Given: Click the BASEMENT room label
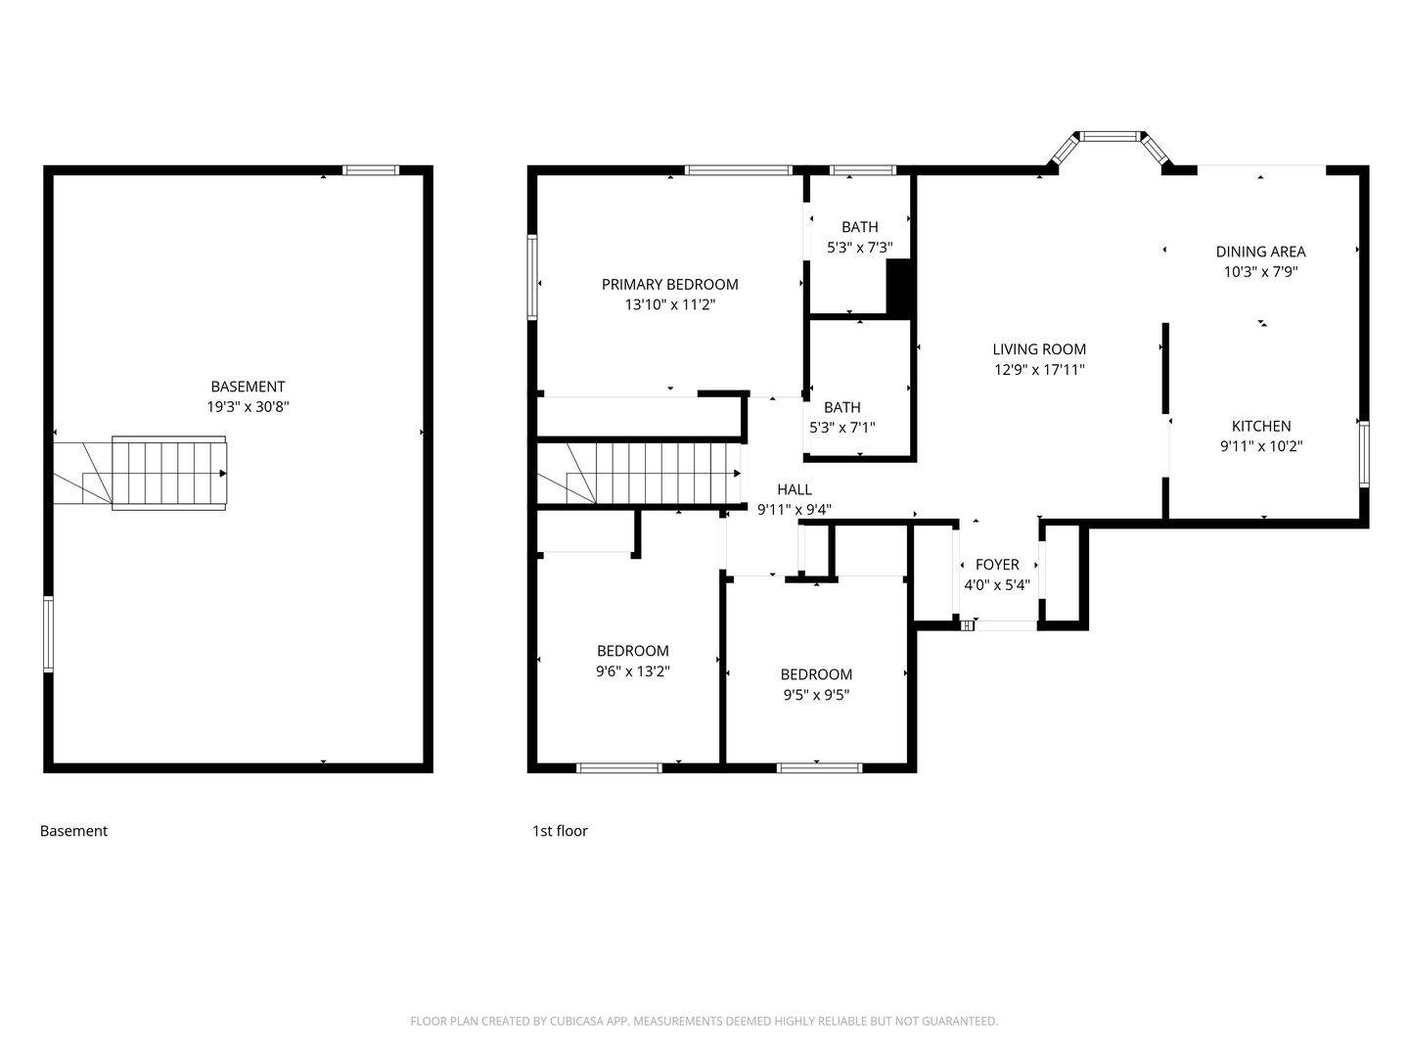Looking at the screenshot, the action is click(x=248, y=387).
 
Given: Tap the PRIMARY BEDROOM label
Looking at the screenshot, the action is click(x=669, y=284).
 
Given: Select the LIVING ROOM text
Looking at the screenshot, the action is click(x=1039, y=349).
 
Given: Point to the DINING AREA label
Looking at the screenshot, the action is click(x=1260, y=252).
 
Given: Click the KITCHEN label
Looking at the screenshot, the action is click(x=1260, y=426).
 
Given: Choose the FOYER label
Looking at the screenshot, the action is click(x=997, y=564).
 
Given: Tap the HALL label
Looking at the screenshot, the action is click(x=795, y=489).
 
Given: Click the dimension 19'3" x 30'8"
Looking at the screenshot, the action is click(x=248, y=407).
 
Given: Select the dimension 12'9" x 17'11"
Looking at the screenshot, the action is click(x=1039, y=370).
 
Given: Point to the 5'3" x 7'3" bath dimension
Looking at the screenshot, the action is click(x=859, y=248).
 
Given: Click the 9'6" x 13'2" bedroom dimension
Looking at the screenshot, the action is click(x=632, y=671).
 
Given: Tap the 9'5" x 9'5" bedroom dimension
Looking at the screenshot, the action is click(x=816, y=695).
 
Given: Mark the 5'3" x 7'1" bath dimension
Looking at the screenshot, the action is click(x=841, y=428).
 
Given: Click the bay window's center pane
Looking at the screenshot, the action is click(x=1110, y=136).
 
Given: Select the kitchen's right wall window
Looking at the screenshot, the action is click(x=1364, y=454).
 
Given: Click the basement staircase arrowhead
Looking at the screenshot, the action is click(x=223, y=474).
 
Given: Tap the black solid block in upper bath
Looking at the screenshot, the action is click(x=898, y=287).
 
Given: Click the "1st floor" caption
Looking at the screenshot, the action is click(x=560, y=831).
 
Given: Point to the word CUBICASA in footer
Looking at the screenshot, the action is click(x=577, y=1021).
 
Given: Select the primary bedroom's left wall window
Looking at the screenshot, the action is click(x=532, y=277).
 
